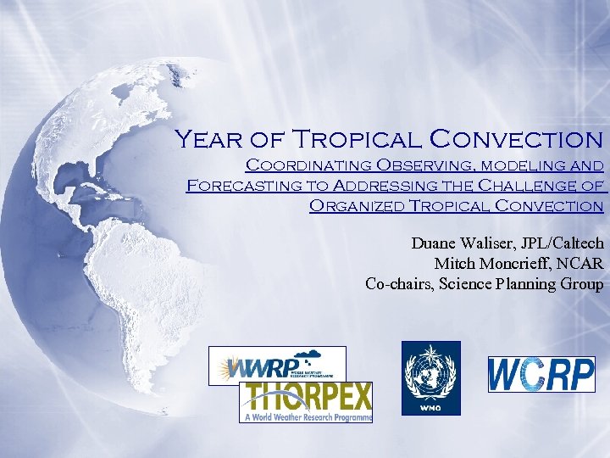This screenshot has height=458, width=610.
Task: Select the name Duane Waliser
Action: [462, 243]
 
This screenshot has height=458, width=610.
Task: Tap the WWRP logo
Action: [277, 365]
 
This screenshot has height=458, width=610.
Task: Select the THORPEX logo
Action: [306, 402]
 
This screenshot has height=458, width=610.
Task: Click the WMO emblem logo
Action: [430, 378]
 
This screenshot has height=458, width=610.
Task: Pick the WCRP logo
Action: [541, 374]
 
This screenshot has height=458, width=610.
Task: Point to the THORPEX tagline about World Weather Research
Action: [306, 416]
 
